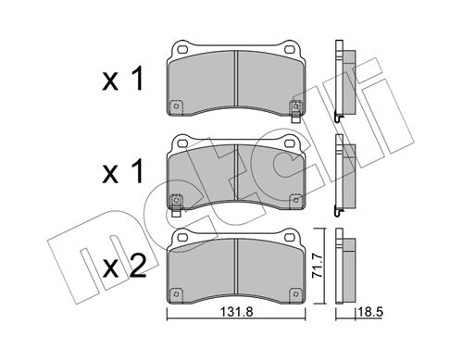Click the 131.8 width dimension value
[236, 312]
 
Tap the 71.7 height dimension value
[318, 267]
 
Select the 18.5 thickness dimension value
[370, 312]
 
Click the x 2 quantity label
[124, 267]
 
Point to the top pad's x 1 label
[122, 79]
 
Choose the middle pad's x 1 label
[122, 172]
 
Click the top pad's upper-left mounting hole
[183, 49]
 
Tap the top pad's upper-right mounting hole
[289, 49]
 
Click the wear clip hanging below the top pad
[295, 118]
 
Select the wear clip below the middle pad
[176, 212]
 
